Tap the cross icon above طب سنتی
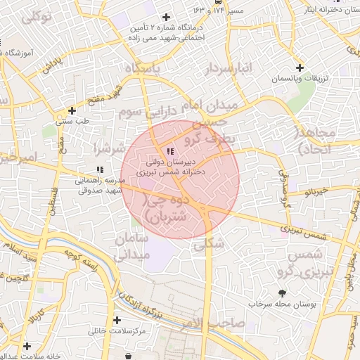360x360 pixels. click(72, 110)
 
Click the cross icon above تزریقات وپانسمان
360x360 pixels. click(300, 68)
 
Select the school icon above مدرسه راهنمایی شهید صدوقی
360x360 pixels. click(100, 169)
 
